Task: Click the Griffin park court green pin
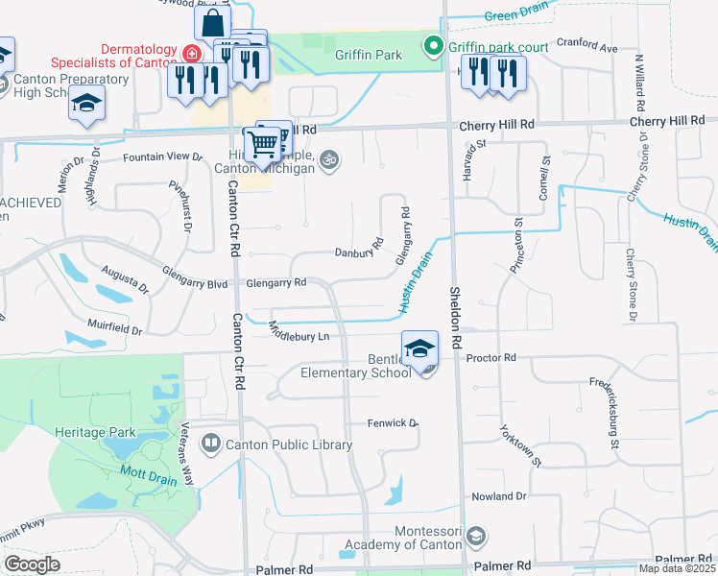pos(433,44)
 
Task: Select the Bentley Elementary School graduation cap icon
pos(419,348)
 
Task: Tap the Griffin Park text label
pos(368,55)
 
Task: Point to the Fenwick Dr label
pos(394,423)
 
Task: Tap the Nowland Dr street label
pos(498,496)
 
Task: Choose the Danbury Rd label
pos(358,253)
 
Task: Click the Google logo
pos(32,564)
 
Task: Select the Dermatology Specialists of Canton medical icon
pos(192,53)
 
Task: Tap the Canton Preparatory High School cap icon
pos(86,102)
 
